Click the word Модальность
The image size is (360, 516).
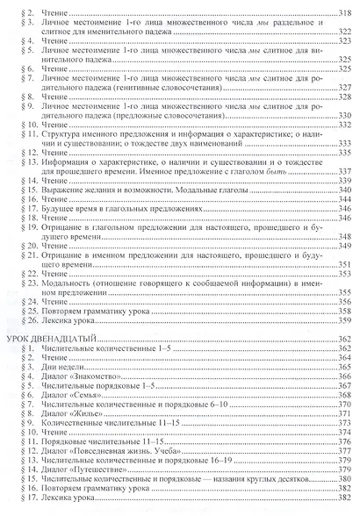tap(66, 282)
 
